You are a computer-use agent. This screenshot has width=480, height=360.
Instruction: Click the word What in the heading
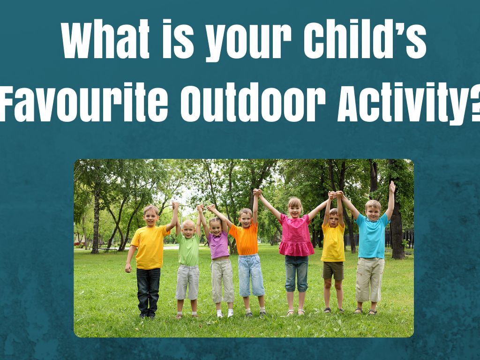(x=105, y=39)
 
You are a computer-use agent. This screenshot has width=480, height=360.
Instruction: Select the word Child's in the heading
(x=365, y=39)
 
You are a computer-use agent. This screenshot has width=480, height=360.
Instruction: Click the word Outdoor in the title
(x=253, y=104)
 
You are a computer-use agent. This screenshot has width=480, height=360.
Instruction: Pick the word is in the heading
(x=178, y=39)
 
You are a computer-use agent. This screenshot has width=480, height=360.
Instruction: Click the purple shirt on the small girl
(x=218, y=245)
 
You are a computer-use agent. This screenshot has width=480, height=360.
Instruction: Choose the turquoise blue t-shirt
(x=372, y=235)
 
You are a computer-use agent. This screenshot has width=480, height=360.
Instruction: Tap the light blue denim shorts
(x=251, y=275)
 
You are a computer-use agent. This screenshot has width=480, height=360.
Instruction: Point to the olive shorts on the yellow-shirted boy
(x=333, y=270)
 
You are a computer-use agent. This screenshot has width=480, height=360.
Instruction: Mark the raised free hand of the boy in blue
(x=392, y=187)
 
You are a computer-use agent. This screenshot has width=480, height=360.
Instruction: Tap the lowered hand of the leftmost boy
(x=128, y=269)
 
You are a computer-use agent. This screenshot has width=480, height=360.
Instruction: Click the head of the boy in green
(x=188, y=228)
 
